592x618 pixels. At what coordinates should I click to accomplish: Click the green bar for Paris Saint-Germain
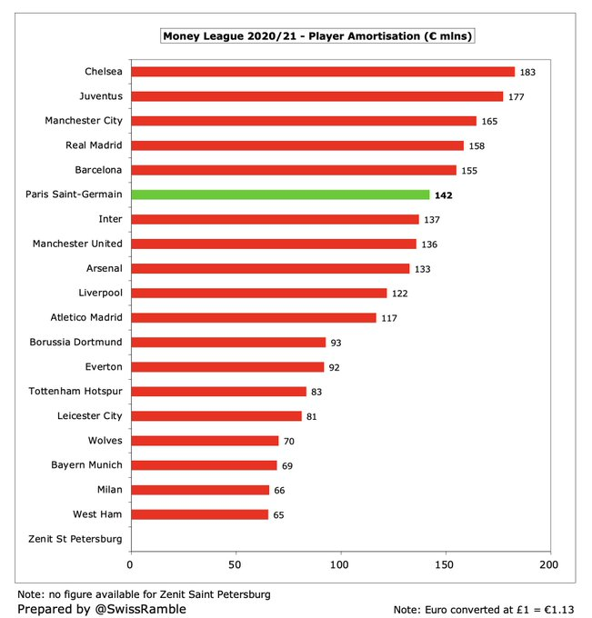click(x=280, y=194)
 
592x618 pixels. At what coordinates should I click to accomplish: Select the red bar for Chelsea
click(x=323, y=72)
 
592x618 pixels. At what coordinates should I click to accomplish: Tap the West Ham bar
click(x=199, y=514)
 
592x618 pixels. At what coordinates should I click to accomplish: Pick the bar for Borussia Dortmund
click(x=229, y=342)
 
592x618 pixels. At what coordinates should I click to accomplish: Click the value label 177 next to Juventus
click(x=516, y=97)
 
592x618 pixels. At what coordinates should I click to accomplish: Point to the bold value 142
click(x=443, y=195)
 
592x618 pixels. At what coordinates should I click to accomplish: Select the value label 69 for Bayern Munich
click(x=287, y=466)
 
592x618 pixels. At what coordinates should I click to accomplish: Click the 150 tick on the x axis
click(x=444, y=564)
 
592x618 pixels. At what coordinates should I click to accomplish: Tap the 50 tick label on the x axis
click(x=235, y=564)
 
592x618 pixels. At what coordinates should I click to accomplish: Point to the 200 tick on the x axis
click(x=549, y=564)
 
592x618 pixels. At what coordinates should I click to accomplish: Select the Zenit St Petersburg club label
click(x=75, y=539)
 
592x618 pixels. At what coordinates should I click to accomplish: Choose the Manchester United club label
click(x=77, y=244)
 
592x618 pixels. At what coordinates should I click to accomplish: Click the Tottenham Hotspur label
click(x=75, y=391)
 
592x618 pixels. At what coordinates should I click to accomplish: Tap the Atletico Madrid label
click(x=86, y=317)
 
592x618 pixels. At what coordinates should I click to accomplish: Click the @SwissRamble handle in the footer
click(x=140, y=609)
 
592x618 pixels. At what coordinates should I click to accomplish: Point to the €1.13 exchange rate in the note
click(x=559, y=610)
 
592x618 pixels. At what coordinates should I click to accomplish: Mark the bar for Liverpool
click(x=259, y=293)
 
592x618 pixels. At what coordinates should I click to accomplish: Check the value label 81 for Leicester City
click(x=312, y=416)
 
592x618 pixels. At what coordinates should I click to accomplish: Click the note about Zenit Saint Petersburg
click(x=144, y=594)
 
